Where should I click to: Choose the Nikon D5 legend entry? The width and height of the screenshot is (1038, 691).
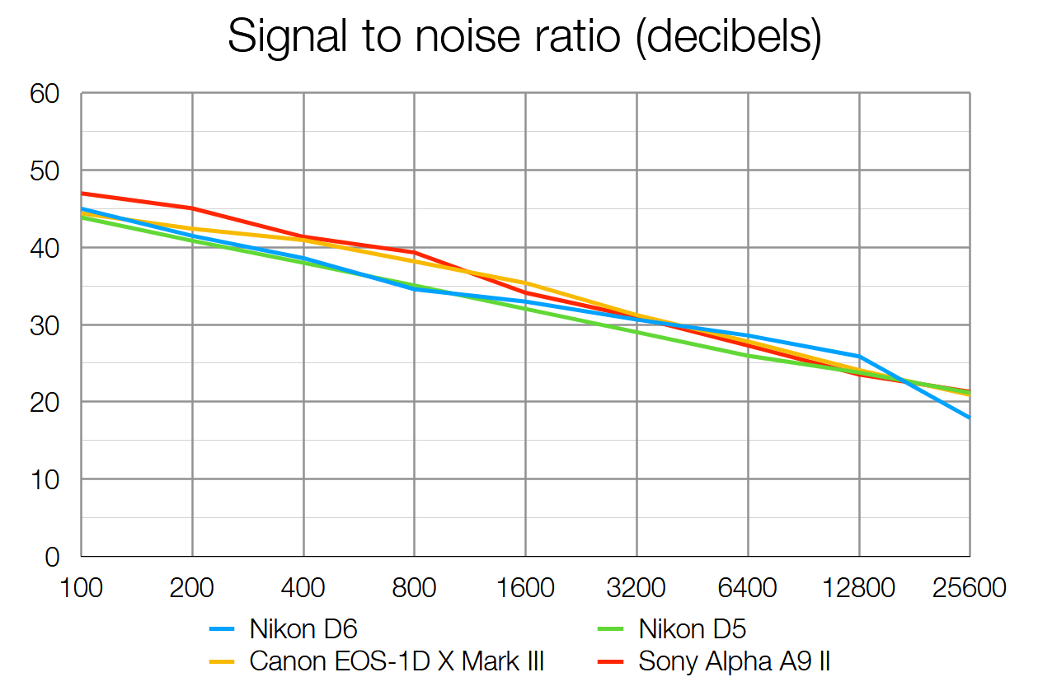693,631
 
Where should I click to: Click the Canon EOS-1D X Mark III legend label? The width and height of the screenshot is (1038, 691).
397,661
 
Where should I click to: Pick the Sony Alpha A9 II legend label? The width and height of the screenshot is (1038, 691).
740,661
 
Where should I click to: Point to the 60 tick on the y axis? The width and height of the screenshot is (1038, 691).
45,94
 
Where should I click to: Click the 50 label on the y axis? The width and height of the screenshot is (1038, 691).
45,170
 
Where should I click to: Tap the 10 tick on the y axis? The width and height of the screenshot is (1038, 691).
45,479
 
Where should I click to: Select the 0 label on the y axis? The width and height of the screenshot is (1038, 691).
53,558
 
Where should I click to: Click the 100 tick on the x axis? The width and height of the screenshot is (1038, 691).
81,589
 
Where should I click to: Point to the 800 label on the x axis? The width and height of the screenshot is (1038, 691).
414,589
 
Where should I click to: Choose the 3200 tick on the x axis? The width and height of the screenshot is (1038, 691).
636,589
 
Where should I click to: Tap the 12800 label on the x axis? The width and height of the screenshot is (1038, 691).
859,589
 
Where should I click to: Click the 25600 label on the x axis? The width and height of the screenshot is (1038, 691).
970,589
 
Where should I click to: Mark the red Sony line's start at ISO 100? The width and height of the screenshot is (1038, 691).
82,194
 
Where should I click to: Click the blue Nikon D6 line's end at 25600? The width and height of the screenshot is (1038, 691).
970,418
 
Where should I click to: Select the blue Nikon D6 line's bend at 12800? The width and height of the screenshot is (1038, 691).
859,357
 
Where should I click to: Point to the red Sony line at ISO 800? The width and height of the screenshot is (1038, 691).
414,252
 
